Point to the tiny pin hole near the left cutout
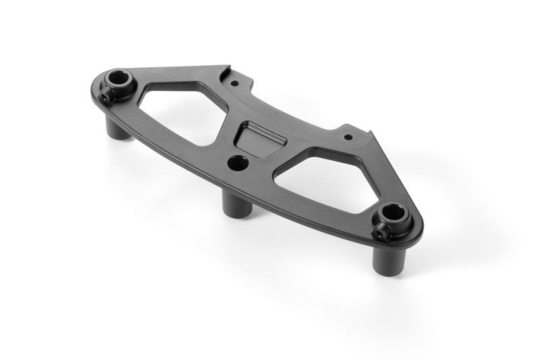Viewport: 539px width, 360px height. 234,84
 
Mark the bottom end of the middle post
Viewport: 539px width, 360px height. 240,214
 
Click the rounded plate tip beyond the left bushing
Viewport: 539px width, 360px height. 101,79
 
